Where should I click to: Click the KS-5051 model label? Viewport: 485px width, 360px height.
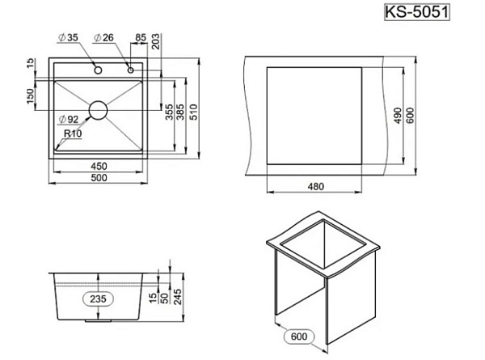(x=417, y=12)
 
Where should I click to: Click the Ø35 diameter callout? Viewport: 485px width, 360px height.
(x=69, y=37)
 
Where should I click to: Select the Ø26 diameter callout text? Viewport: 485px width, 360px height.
(x=103, y=37)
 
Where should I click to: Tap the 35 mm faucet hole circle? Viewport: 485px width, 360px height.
(x=98, y=70)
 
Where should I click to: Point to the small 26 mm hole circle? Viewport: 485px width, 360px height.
(x=130, y=70)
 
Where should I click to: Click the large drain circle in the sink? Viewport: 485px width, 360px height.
(x=99, y=110)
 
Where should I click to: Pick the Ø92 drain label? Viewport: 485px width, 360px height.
(x=69, y=119)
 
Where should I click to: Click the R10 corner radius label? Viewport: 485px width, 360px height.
(x=73, y=133)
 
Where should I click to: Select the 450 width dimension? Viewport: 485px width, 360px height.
(x=99, y=166)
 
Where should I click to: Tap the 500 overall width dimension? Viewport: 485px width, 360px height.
(x=99, y=178)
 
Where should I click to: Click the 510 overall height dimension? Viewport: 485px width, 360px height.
(x=193, y=112)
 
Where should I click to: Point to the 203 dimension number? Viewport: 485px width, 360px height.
(x=155, y=41)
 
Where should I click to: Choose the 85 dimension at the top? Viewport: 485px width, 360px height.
(x=141, y=37)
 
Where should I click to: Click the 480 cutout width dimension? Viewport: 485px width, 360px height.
(x=316, y=186)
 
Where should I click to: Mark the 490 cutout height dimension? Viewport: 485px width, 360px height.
(x=399, y=116)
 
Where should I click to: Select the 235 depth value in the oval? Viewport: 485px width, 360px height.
(x=98, y=299)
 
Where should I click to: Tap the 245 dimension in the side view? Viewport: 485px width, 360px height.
(x=178, y=297)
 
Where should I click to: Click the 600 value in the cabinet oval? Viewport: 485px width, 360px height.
(x=299, y=337)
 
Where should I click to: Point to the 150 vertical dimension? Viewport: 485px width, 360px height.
(x=31, y=96)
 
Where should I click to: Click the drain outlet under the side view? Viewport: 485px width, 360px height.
(x=98, y=321)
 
